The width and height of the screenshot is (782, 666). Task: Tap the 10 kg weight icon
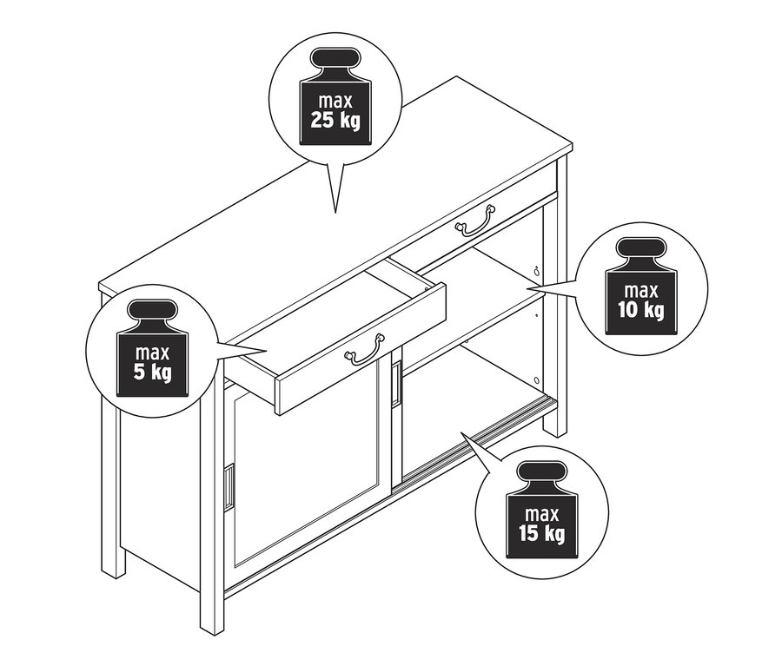tap(641, 287)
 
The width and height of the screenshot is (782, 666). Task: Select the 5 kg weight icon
tap(153, 348)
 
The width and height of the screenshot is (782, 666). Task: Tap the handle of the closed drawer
tap(474, 220)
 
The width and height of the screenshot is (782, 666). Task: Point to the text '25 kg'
tap(335, 122)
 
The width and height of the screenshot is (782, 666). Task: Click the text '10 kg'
tap(641, 311)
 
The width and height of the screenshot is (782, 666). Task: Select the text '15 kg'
tap(541, 534)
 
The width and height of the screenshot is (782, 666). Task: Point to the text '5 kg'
tap(152, 373)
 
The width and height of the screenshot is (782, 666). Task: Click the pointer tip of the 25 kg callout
tap(335, 213)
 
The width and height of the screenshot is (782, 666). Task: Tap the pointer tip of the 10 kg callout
tap(527, 288)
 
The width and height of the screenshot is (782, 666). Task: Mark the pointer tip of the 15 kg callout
tap(461, 432)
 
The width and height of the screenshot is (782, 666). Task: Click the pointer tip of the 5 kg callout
tap(268, 352)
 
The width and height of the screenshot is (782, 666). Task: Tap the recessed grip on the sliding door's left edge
tap(229, 487)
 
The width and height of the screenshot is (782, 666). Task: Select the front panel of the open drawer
tap(361, 347)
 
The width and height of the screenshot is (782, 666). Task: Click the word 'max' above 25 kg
tap(335, 102)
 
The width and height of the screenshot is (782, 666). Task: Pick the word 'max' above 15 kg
tap(542, 514)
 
